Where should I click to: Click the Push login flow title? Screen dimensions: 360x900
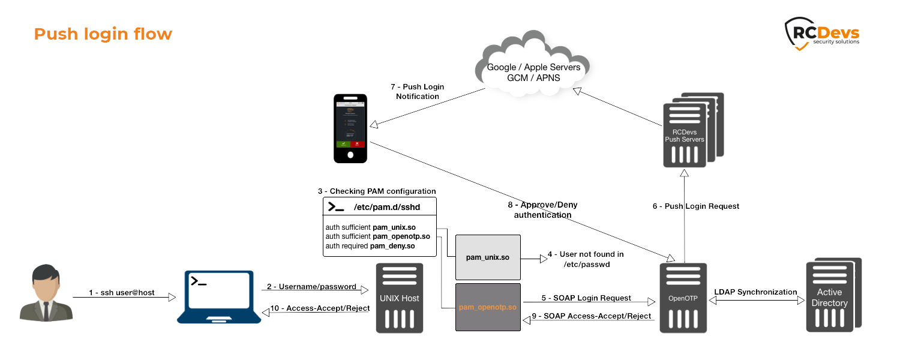tap(103, 34)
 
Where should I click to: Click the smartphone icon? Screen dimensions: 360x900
tap(350, 128)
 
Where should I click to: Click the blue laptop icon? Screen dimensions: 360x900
tap(219, 297)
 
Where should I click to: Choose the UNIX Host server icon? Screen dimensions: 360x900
tap(399, 298)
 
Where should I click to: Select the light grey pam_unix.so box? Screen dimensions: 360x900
tap(487, 257)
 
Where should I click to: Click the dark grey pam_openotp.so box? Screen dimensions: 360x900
tap(487, 307)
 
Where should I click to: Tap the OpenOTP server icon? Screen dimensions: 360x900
tap(683, 298)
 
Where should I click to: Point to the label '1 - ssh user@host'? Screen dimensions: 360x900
tap(121, 293)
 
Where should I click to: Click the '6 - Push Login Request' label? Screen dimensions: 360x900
tap(696, 206)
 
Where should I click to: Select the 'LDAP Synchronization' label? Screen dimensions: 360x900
tap(755, 292)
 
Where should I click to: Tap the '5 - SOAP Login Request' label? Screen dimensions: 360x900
tap(586, 298)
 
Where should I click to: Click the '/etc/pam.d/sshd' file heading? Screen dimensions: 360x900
tap(379, 207)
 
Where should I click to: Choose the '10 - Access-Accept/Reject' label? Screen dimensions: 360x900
tap(319, 308)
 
